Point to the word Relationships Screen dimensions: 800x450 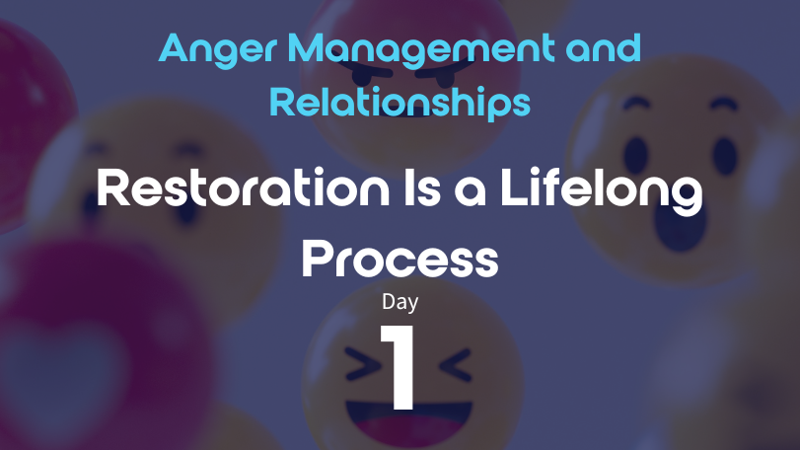(400, 103)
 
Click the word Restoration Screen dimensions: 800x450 (243, 187)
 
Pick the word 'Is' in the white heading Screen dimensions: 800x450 (422, 187)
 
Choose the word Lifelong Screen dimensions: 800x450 (602, 191)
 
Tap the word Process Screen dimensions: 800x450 (400, 259)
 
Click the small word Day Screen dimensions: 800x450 (400, 302)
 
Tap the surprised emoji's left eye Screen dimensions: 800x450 (635, 154)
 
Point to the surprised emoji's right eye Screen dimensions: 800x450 (724, 155)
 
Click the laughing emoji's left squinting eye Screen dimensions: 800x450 (363, 364)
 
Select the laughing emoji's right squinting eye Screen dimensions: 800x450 (455, 364)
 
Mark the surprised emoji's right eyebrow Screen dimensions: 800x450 (724, 105)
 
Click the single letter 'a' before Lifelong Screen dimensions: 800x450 (471, 191)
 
